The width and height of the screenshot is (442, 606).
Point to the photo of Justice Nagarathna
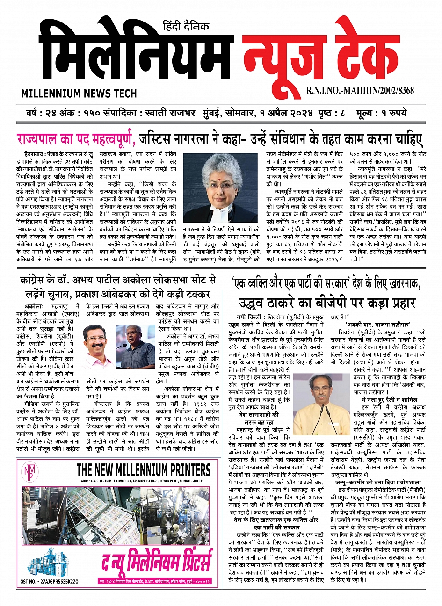[x=220, y=188]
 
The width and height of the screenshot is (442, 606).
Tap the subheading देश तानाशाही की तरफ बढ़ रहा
[x=259, y=418]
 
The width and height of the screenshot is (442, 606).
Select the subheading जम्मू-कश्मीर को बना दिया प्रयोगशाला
[x=377, y=482]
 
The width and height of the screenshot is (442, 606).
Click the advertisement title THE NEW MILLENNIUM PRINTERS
[x=143, y=470]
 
